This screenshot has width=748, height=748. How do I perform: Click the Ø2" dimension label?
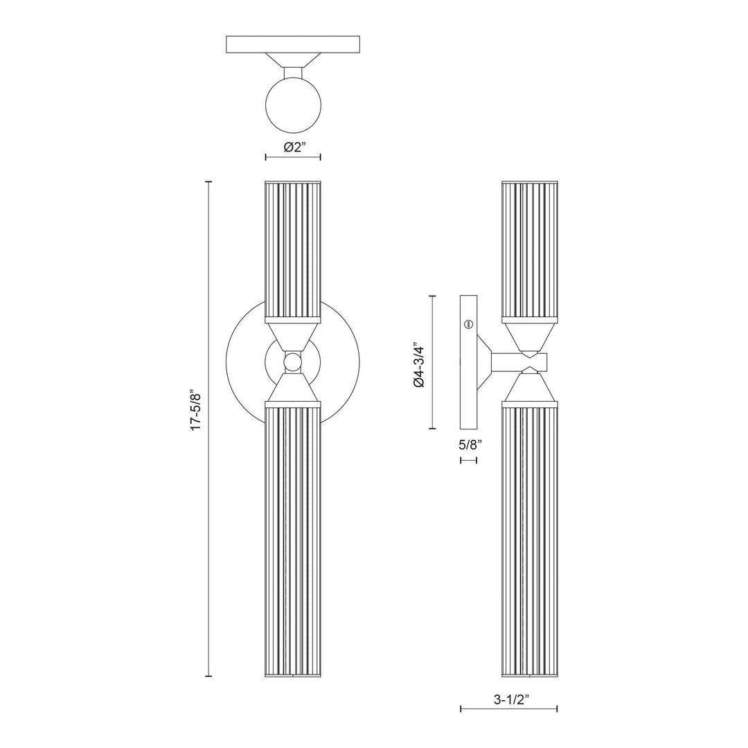(x=293, y=147)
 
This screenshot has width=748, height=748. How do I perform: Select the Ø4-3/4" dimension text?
(x=418, y=363)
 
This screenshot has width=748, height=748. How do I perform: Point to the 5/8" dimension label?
(x=469, y=445)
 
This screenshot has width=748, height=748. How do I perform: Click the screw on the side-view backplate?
(x=468, y=323)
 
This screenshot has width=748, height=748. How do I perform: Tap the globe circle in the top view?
(x=293, y=106)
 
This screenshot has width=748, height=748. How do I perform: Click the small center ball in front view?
(x=293, y=362)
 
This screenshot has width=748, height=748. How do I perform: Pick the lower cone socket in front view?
(x=293, y=389)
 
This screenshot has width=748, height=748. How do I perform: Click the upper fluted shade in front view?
(x=293, y=249)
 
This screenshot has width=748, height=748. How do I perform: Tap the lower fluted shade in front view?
(x=293, y=540)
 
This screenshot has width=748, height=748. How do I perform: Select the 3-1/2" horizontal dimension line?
(x=509, y=709)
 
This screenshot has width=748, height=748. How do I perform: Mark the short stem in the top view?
(x=293, y=73)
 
